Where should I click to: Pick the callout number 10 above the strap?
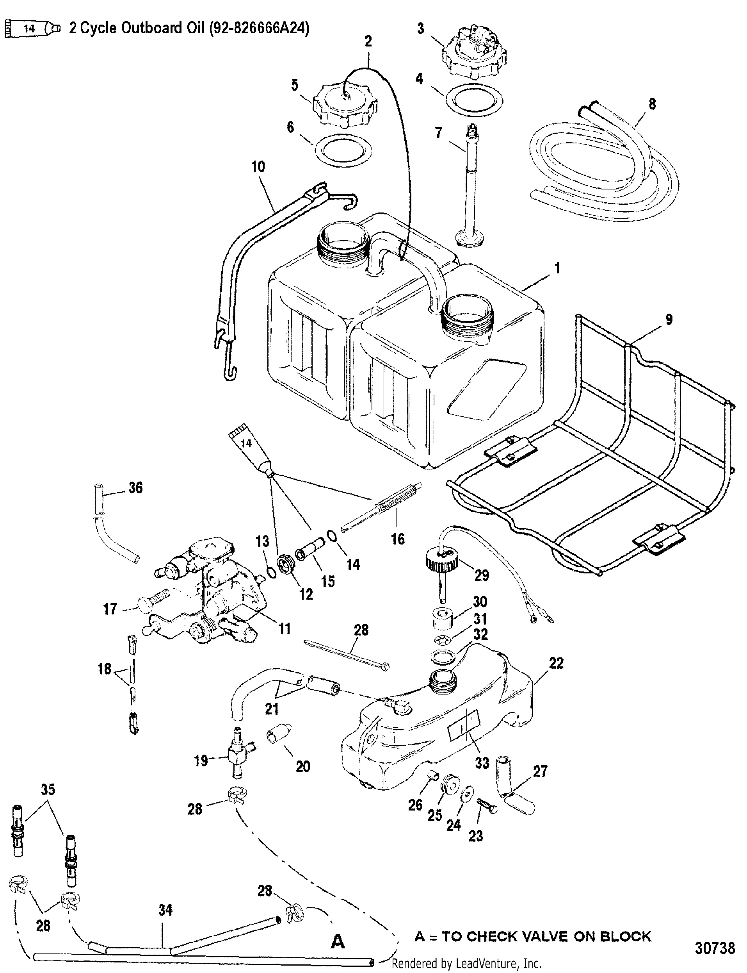pos(258,166)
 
